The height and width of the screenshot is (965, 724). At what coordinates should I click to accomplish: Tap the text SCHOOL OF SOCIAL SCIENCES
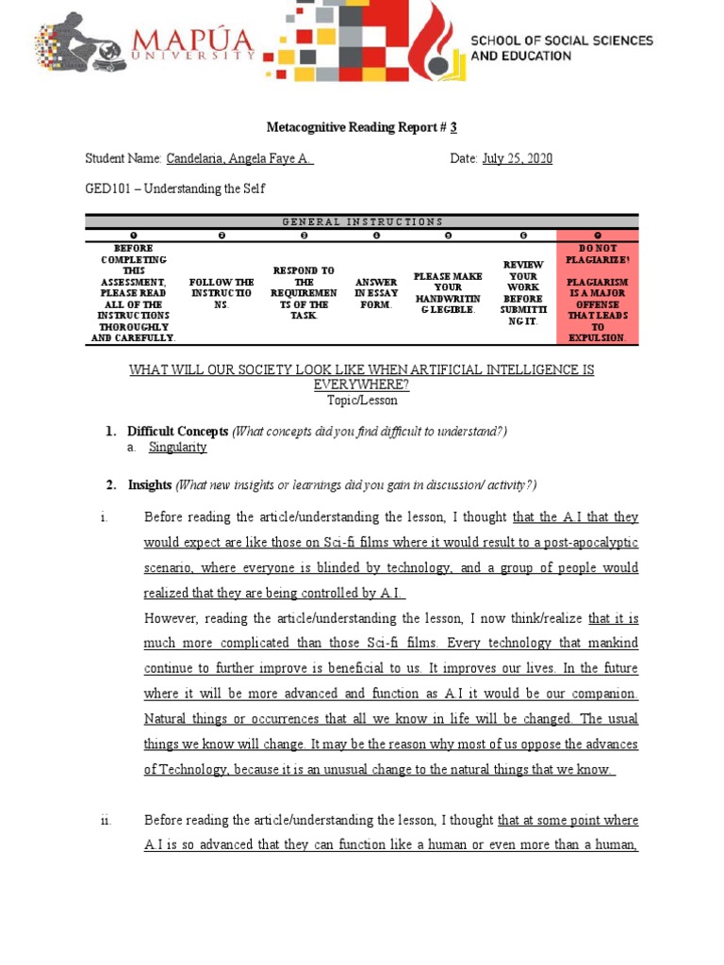[562, 41]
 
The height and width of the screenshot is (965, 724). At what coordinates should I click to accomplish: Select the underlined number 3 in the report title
[453, 127]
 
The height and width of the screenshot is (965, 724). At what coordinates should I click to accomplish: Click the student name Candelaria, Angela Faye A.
[239, 158]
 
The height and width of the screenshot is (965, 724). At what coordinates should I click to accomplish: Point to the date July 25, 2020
[517, 158]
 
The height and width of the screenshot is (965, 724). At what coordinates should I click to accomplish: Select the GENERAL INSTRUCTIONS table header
[362, 221]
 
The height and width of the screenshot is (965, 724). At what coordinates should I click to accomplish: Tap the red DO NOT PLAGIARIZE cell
[598, 292]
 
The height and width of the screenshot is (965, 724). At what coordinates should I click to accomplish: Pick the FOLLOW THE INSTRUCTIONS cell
[222, 293]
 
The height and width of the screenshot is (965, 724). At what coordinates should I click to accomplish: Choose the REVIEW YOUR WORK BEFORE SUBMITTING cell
[523, 293]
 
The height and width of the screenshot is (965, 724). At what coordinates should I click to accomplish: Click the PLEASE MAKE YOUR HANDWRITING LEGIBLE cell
[448, 293]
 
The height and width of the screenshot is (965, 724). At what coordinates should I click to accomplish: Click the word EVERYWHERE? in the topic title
[362, 384]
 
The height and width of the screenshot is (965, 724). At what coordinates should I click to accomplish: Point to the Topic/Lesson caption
[362, 400]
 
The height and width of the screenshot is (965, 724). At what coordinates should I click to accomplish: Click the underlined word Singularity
[177, 448]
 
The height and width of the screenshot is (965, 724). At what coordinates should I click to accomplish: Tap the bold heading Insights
[150, 485]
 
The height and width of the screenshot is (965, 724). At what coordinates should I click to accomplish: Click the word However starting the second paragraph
[172, 618]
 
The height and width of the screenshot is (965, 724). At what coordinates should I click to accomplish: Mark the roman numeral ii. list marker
[107, 821]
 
